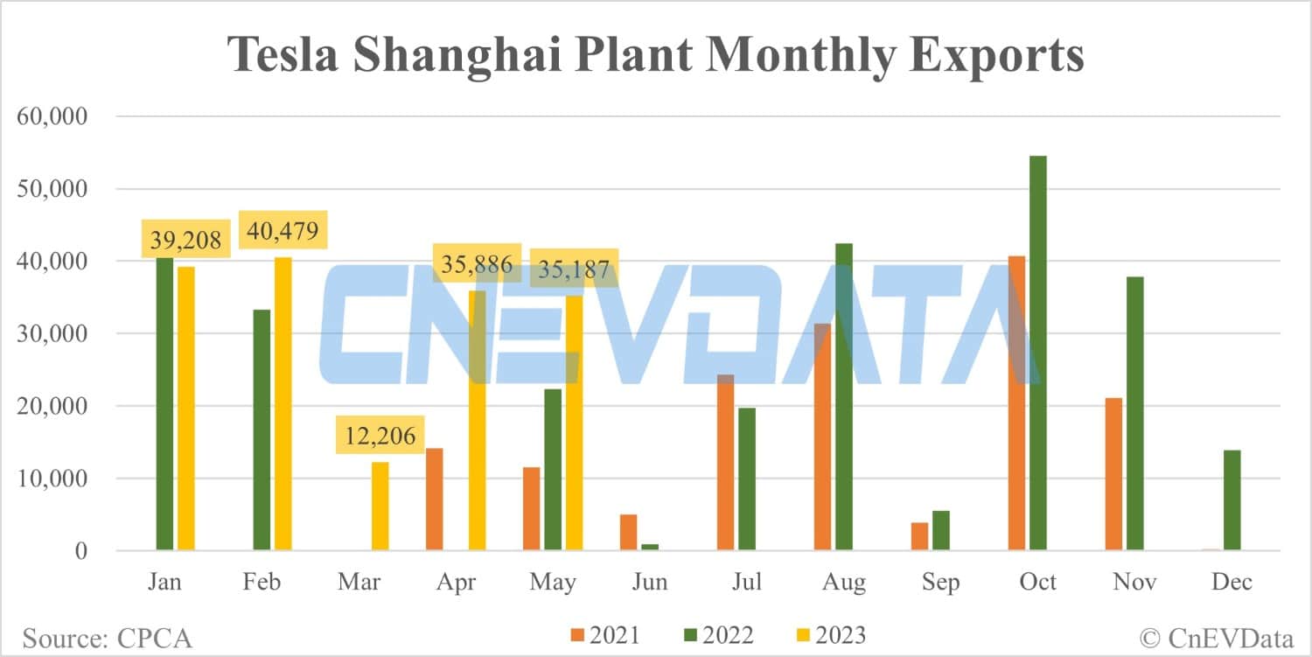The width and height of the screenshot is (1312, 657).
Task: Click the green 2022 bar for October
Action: point(1037,353)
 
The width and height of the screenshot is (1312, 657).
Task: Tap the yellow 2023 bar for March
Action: point(380,507)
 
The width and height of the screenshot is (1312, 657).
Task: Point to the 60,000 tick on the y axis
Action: point(53,116)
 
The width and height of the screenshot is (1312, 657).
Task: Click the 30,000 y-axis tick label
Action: point(53,334)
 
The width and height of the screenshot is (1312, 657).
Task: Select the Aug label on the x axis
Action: point(844,582)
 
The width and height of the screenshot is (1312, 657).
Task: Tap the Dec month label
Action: point(1232,582)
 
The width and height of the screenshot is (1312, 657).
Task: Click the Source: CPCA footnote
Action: point(107,638)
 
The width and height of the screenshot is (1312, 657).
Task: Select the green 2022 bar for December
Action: point(1232,500)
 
